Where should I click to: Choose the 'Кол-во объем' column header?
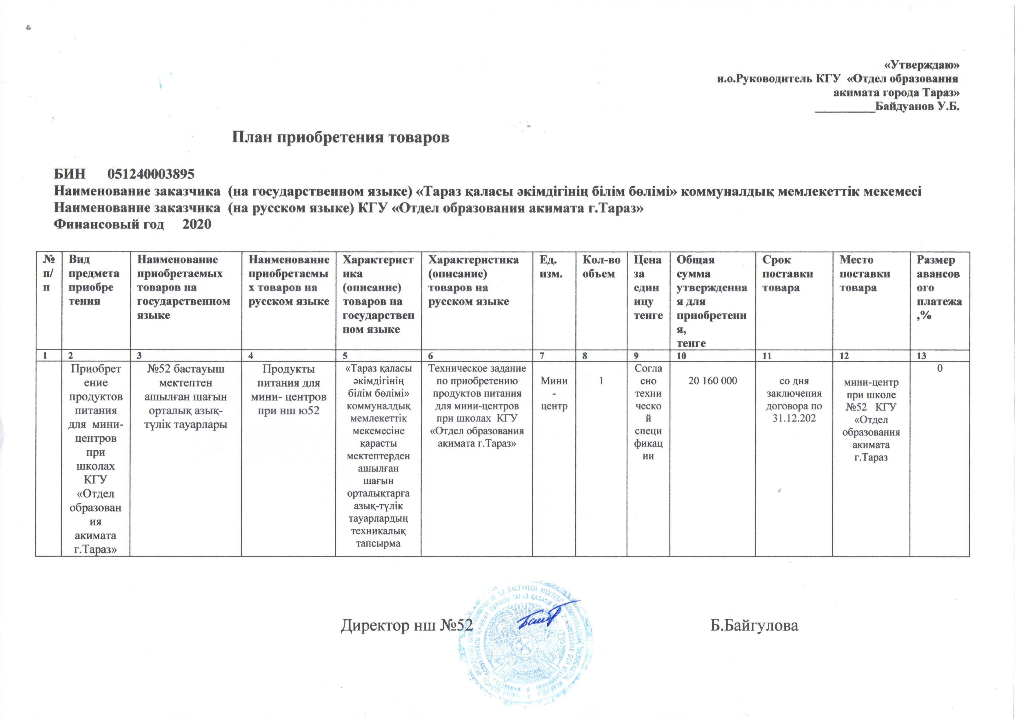click(x=601, y=267)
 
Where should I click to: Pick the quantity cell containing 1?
click(x=601, y=381)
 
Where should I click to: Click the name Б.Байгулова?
click(x=754, y=626)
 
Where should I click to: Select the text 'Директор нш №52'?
click(x=403, y=626)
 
